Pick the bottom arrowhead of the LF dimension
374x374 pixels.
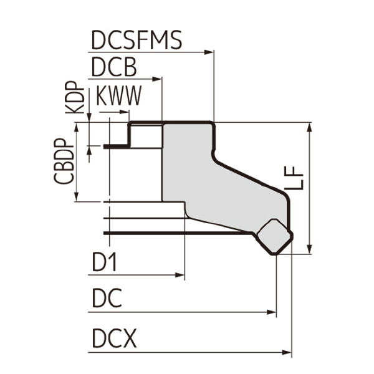point(310,249)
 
